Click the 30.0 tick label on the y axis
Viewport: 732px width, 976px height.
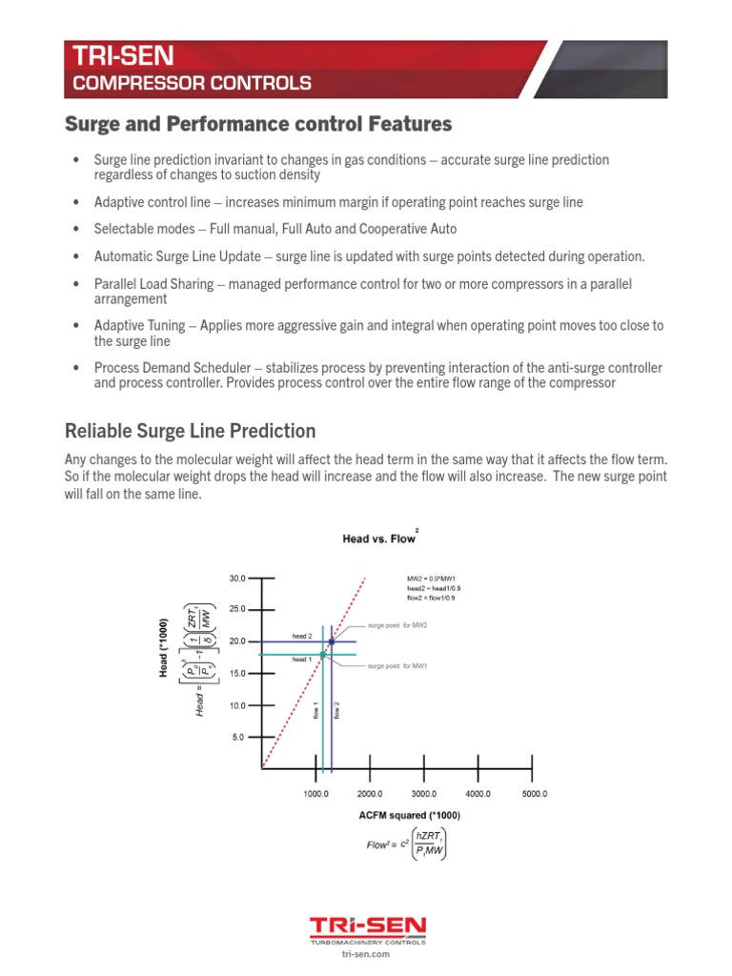click(x=237, y=579)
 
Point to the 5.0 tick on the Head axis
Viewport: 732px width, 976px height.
click(x=237, y=737)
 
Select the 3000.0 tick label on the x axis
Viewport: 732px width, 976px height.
click(x=423, y=793)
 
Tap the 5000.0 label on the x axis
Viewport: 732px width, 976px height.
click(x=532, y=793)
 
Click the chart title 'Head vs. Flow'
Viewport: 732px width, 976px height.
click(x=378, y=539)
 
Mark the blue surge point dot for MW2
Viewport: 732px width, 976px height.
click(x=331, y=641)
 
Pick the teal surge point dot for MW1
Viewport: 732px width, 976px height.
click(x=323, y=654)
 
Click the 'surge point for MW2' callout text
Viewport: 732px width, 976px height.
click(x=398, y=626)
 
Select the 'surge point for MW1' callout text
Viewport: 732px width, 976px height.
click(x=398, y=666)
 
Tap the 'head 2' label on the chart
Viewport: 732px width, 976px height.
click(x=302, y=636)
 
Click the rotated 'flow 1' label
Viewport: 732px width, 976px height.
click(x=315, y=710)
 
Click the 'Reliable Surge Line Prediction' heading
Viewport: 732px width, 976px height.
click(x=189, y=431)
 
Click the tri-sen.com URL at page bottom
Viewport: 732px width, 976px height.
click(x=366, y=953)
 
